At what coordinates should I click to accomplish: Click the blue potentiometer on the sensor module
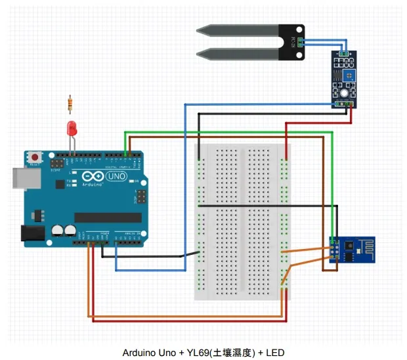pos(346,78)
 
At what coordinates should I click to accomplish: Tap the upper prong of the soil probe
pos(236,31)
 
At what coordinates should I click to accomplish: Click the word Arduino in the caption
pos(139,353)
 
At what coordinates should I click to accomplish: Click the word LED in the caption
pos(276,353)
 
